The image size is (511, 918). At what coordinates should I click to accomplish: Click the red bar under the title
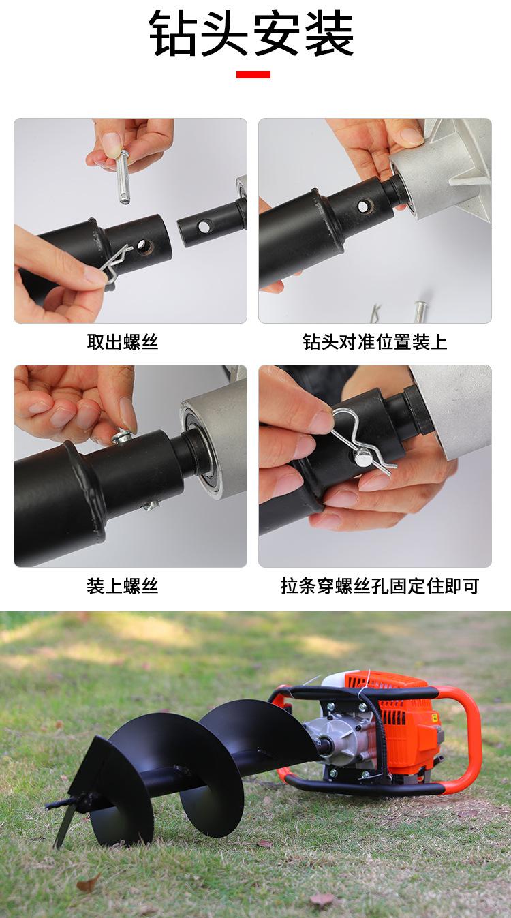[253, 74]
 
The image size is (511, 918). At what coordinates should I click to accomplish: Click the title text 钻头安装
[251, 33]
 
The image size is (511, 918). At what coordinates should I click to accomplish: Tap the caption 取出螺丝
[123, 342]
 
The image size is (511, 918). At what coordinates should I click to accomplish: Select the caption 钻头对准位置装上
[375, 342]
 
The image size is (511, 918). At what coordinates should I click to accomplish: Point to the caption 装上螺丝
[123, 586]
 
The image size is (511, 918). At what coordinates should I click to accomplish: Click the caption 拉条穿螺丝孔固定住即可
[380, 586]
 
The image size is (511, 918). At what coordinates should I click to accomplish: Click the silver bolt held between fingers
[123, 177]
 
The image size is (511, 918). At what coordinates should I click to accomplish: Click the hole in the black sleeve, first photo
[144, 246]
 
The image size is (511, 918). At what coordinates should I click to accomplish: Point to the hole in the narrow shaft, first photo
[204, 226]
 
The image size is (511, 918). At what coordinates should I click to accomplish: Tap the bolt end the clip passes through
[364, 457]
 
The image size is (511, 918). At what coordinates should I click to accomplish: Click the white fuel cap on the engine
[335, 679]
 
